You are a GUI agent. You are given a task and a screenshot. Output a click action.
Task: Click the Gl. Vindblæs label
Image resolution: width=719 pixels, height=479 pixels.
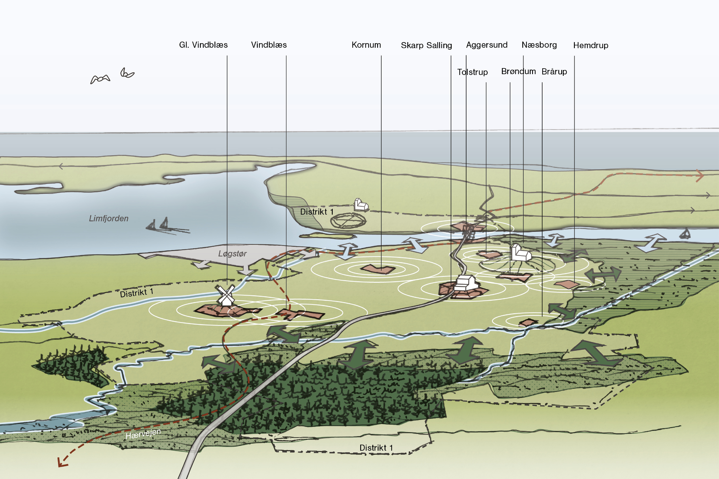click(203, 45)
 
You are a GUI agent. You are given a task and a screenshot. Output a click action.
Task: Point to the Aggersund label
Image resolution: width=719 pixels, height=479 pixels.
click(487, 45)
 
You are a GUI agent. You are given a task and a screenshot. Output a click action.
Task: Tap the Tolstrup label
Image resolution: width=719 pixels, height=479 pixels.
click(472, 72)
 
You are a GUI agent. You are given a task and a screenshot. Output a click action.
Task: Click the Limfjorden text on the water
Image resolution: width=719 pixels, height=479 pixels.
click(108, 218)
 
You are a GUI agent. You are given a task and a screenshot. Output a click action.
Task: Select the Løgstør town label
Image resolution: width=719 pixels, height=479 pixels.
click(232, 254)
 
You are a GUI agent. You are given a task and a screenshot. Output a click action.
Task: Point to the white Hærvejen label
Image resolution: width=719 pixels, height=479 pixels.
click(143, 434)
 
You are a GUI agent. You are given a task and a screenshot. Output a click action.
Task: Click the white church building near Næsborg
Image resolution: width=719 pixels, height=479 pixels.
click(521, 253)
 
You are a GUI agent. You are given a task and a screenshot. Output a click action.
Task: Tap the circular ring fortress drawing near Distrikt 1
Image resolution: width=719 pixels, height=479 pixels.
click(348, 221)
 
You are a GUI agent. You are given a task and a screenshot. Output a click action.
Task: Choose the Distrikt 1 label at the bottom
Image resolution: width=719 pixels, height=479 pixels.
click(376, 448)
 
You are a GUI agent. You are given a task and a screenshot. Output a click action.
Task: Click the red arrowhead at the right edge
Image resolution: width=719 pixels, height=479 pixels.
click(700, 176)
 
